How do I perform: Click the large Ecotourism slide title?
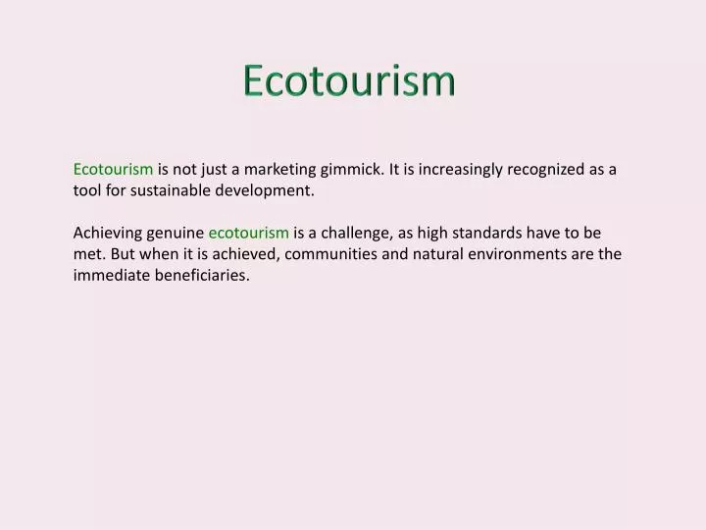tap(349, 80)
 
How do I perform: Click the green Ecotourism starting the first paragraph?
tap(113, 169)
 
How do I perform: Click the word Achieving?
tap(108, 233)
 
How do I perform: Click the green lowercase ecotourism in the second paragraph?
tap(248, 233)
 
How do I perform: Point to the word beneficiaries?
tap(203, 276)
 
